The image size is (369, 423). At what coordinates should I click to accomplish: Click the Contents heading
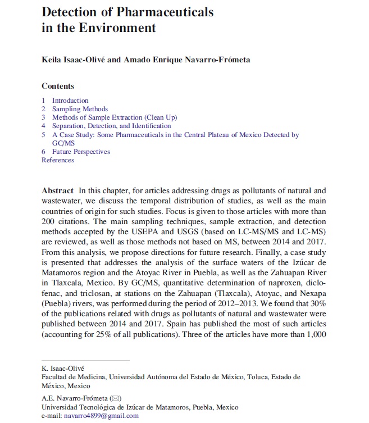coord(58,86)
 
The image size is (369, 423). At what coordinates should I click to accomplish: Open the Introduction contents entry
coord(70,101)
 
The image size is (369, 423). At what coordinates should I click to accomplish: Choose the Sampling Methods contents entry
coord(80,109)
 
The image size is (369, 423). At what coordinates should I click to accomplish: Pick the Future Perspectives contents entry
coord(81,152)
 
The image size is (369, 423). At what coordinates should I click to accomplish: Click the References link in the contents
coord(57,160)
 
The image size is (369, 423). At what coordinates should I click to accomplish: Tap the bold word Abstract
coord(58,190)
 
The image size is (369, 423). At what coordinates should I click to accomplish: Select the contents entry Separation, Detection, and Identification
coord(111,126)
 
